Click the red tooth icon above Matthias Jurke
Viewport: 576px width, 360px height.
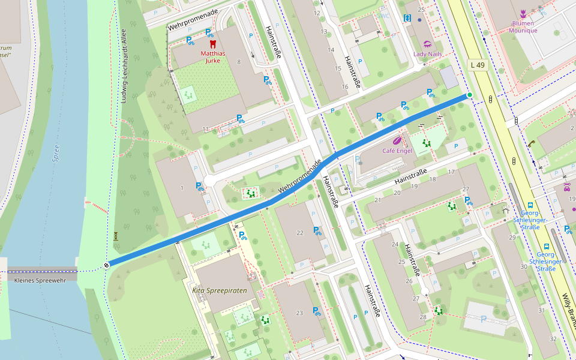point(212,44)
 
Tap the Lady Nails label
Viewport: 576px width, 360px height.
point(427,53)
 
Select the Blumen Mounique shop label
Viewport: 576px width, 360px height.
point(523,27)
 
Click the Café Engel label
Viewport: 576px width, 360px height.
point(397,151)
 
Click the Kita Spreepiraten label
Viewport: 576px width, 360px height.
point(220,290)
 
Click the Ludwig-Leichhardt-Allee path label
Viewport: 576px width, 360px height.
point(124,66)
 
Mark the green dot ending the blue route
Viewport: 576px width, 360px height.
point(469,95)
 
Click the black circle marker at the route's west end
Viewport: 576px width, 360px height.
point(107,265)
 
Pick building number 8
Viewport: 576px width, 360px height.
point(239,62)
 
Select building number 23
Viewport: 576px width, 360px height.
point(299,313)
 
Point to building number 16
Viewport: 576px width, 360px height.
point(344,87)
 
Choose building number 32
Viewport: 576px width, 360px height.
point(553,339)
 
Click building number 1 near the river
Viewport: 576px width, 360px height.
point(181,189)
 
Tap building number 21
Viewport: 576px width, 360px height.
point(377,200)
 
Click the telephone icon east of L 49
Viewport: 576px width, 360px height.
point(532,143)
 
